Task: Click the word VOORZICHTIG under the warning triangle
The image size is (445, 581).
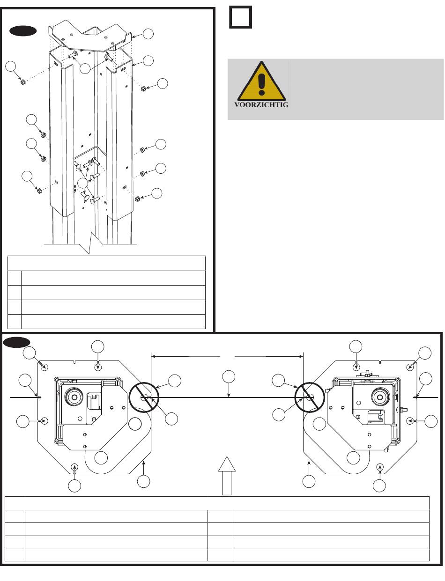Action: (x=261, y=105)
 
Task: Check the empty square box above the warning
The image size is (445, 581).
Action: (x=241, y=17)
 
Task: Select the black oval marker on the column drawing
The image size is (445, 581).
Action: (x=23, y=31)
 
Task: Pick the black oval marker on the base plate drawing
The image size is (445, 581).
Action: (x=17, y=342)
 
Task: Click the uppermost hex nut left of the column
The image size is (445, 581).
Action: (x=23, y=83)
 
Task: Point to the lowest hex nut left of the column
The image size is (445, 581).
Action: (x=39, y=191)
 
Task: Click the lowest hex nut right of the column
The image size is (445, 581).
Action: (x=138, y=199)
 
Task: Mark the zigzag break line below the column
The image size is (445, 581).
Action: (x=89, y=246)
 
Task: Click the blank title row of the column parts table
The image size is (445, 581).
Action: (x=107, y=263)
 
